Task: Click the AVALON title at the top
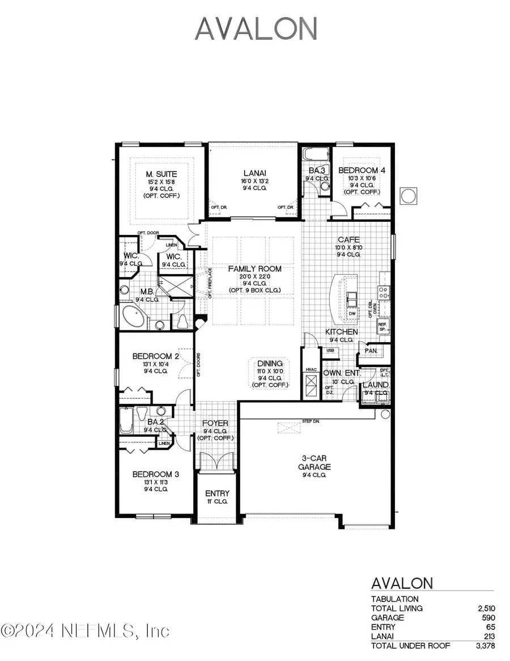tap(255, 28)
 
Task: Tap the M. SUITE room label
tap(161, 174)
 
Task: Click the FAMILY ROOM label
tap(254, 268)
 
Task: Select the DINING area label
tap(270, 363)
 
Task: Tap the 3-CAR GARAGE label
tap(316, 462)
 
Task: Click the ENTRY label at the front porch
tap(217, 494)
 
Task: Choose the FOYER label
tap(215, 423)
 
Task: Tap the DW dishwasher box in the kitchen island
tap(352, 313)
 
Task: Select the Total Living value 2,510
tap(486, 608)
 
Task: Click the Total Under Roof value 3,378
tap(485, 645)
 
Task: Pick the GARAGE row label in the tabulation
tap(388, 617)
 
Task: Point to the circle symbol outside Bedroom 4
tap(408, 196)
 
